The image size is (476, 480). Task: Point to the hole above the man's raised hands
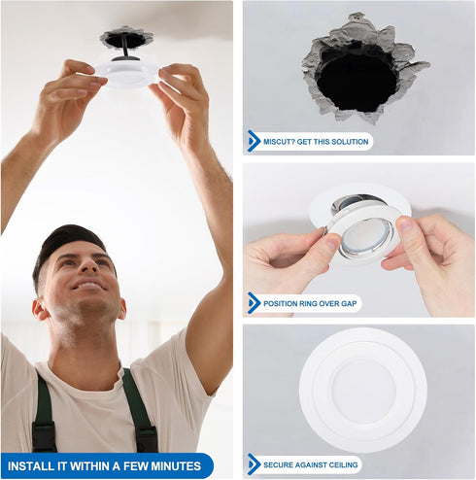pyautogui.click(x=126, y=39)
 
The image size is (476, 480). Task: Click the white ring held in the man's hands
pyautogui.click(x=127, y=72)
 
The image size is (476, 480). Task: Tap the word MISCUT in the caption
pyautogui.click(x=280, y=142)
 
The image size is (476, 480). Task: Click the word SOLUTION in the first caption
pyautogui.click(x=350, y=142)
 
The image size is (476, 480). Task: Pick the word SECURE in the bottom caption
pyautogui.click(x=279, y=464)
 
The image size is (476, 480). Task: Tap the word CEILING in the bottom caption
pyautogui.click(x=340, y=464)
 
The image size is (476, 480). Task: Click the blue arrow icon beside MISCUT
pyautogui.click(x=254, y=142)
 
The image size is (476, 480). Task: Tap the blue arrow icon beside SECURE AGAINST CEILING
pyautogui.click(x=254, y=464)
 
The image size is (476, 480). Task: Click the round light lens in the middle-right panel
pyautogui.click(x=366, y=237)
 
